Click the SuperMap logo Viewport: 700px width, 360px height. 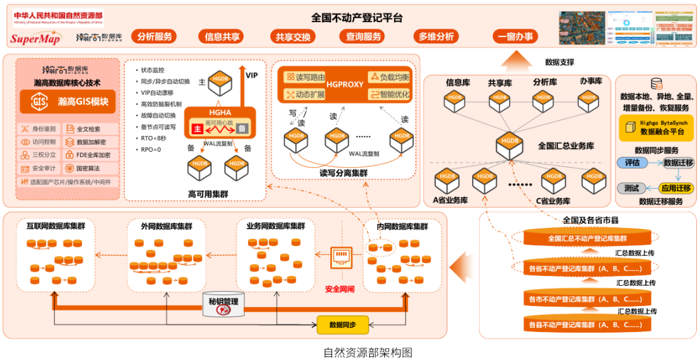click(35, 38)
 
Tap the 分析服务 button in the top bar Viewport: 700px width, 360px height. click(155, 36)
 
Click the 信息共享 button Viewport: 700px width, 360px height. click(222, 36)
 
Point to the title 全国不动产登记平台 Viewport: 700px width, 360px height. click(357, 17)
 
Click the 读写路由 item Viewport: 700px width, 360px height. click(306, 77)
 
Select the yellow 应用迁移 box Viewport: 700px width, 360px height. click(677, 188)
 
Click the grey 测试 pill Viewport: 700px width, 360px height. click(631, 188)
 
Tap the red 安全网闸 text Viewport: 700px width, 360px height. click(339, 288)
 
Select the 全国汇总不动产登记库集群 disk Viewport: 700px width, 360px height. click(587, 238)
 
